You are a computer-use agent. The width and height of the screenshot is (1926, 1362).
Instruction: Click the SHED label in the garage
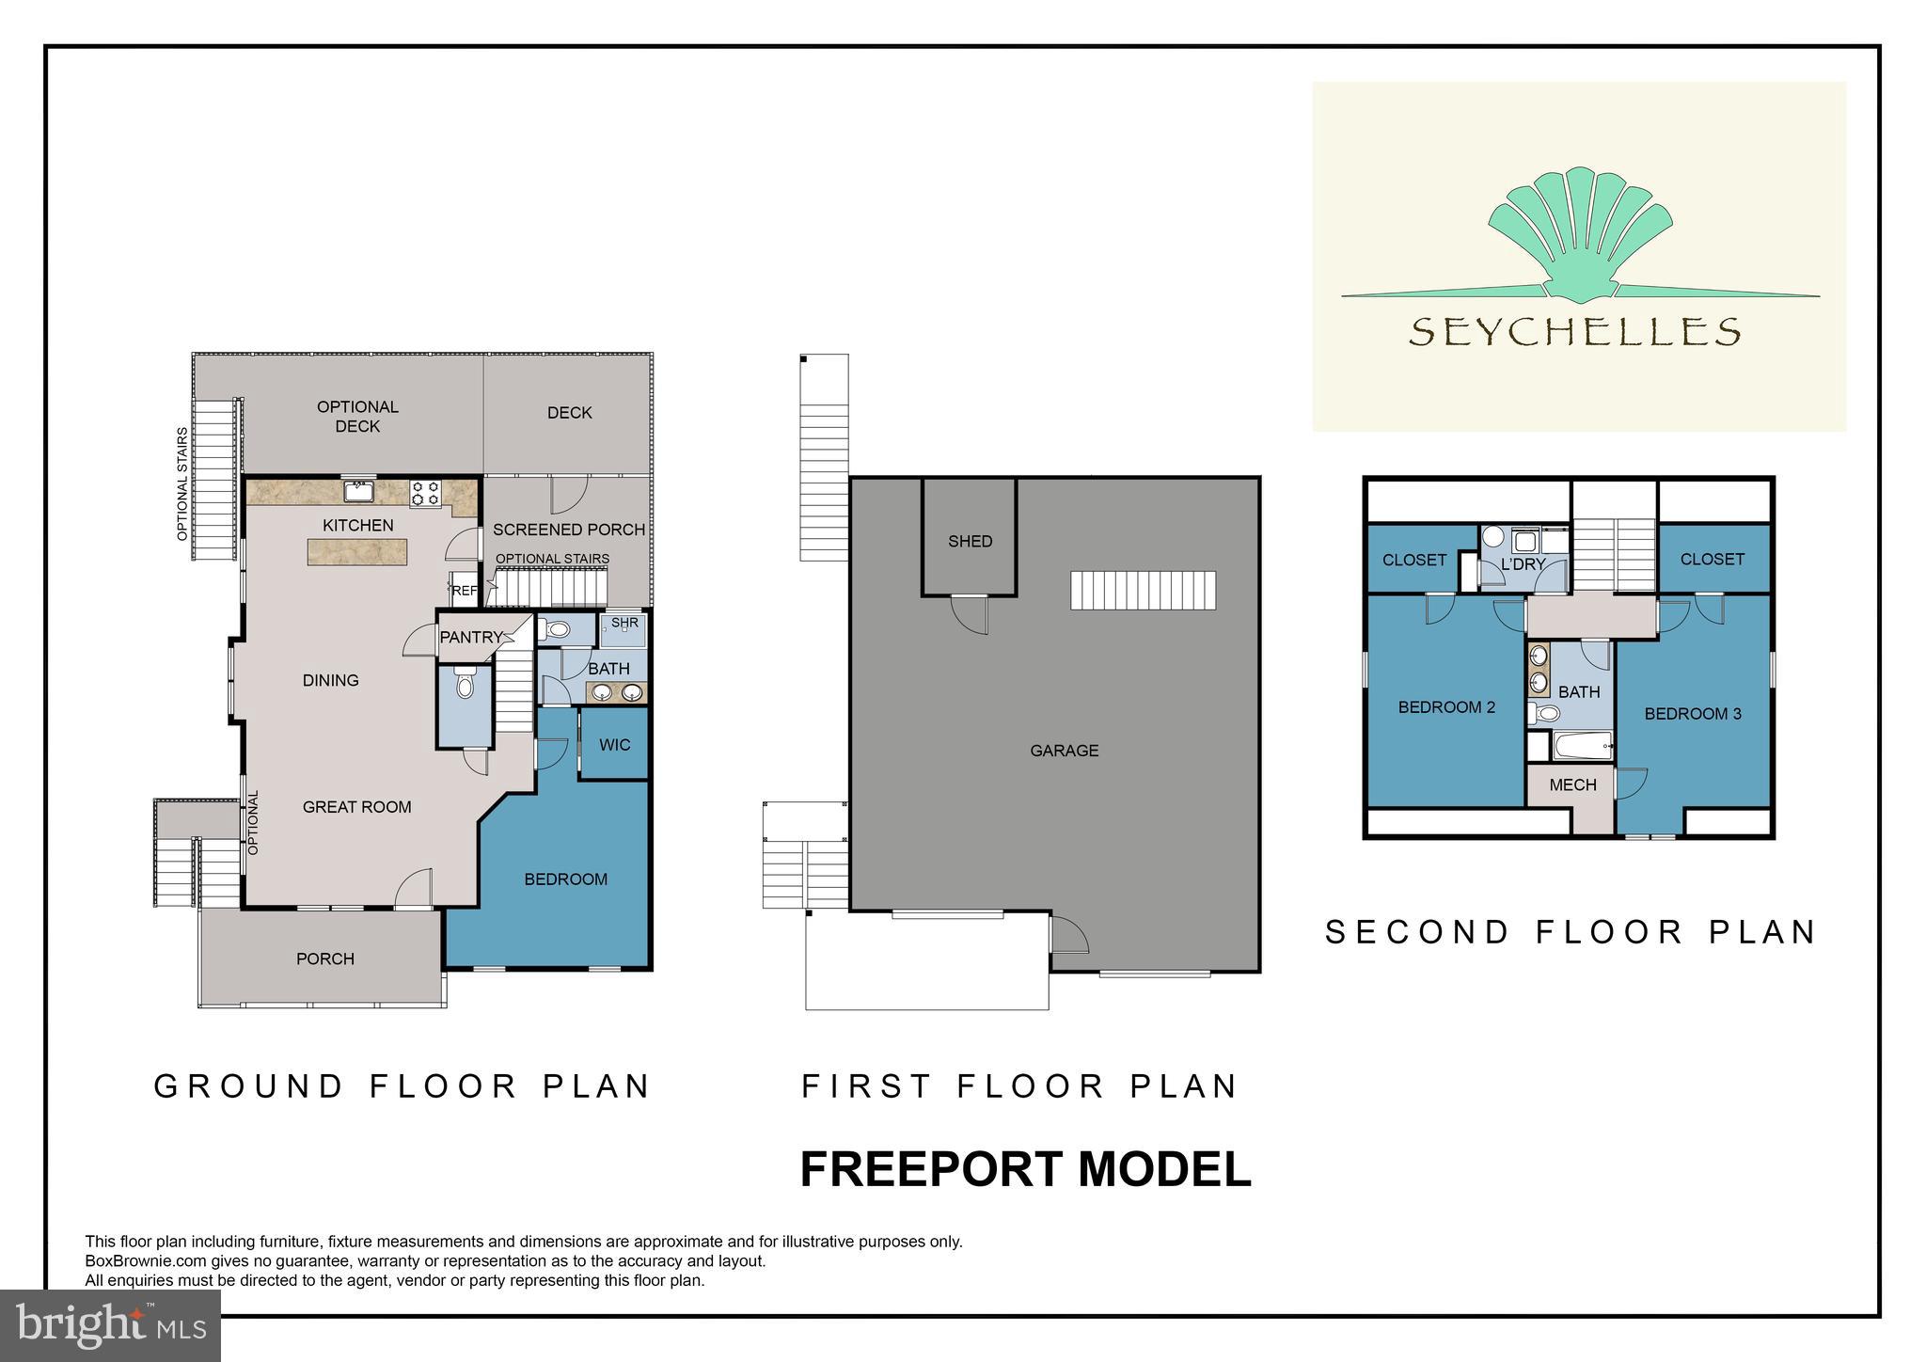(970, 541)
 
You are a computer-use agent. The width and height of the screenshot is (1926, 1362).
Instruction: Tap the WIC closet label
(614, 745)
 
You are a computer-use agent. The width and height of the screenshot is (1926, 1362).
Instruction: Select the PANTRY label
(471, 637)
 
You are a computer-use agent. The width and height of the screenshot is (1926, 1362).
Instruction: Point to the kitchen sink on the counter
(359, 491)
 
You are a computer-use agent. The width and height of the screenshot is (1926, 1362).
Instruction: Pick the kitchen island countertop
(357, 552)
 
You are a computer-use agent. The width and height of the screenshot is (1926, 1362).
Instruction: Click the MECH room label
(1572, 784)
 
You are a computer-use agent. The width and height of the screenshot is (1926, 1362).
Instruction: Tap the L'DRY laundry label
(1523, 564)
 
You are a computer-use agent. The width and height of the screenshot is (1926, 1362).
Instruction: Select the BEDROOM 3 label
(1692, 714)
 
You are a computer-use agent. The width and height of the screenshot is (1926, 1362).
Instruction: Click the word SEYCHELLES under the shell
(1574, 331)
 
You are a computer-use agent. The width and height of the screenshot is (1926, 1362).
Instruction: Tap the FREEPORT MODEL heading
(1025, 1169)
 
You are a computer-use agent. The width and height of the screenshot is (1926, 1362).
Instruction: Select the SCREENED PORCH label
(569, 530)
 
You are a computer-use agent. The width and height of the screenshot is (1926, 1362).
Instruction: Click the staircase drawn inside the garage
(1143, 591)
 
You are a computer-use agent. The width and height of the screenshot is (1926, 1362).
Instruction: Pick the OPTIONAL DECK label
(357, 416)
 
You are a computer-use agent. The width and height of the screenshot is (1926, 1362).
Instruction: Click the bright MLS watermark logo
(111, 1325)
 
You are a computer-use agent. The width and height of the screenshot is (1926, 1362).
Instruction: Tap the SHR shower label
(624, 623)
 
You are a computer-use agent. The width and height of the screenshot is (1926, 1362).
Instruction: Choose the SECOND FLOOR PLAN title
(1570, 932)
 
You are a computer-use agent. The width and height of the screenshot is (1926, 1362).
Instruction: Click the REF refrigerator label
(464, 591)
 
